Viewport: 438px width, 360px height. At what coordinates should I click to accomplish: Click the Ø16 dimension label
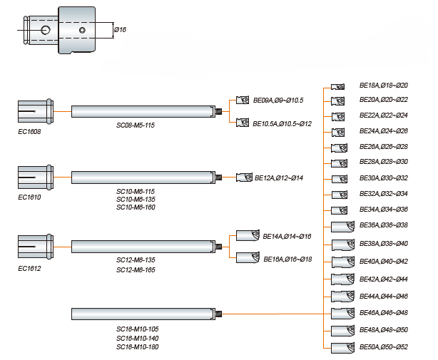click(120, 30)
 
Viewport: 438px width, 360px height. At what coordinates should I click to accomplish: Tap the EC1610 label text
click(29, 197)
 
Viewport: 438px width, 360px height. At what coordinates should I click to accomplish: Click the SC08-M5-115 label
click(136, 125)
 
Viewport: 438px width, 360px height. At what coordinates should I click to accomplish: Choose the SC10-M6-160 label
click(136, 207)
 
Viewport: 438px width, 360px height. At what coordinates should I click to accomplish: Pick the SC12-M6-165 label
click(136, 270)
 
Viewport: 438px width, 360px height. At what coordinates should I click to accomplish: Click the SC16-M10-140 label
click(138, 337)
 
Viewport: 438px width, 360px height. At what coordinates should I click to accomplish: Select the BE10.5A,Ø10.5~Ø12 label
click(282, 123)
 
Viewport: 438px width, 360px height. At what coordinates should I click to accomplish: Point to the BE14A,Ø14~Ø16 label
click(287, 236)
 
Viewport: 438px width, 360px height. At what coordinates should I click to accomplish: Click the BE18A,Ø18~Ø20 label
click(383, 85)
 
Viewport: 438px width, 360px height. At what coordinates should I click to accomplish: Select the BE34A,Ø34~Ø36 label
click(383, 209)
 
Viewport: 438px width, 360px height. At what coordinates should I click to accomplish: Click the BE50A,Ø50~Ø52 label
click(383, 346)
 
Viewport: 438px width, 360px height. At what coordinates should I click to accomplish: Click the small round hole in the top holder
click(45, 30)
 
